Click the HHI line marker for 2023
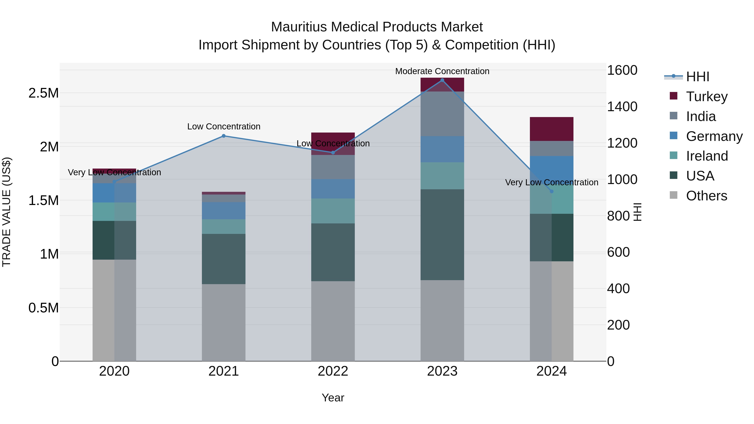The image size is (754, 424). point(442,80)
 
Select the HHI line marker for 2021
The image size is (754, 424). point(224,136)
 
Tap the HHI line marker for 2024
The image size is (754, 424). point(552,191)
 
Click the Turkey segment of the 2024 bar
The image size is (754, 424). point(552,129)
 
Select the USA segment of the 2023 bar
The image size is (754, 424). point(442,235)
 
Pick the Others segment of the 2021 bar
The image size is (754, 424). point(224,322)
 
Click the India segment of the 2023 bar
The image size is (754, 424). point(442,114)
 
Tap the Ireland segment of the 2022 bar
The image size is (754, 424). point(333,211)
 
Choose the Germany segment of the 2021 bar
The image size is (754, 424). point(224,211)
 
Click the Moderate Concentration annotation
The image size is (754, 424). point(442,71)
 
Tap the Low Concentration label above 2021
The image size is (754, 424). point(224,126)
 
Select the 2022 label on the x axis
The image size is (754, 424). point(333,371)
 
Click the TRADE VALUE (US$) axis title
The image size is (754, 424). point(6,212)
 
